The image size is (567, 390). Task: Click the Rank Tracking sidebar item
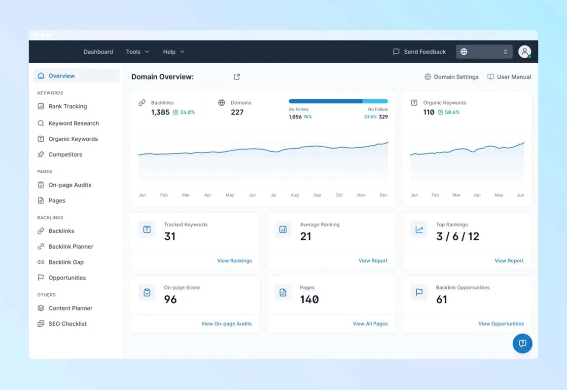click(67, 106)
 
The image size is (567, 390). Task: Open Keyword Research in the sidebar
click(73, 123)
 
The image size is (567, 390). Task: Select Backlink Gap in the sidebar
click(66, 262)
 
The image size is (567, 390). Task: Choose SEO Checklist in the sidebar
click(67, 324)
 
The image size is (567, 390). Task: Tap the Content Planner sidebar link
click(70, 308)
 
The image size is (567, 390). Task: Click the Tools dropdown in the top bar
click(137, 52)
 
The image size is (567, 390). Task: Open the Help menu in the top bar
click(174, 52)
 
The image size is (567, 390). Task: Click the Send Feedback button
click(419, 52)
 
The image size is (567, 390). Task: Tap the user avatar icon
click(525, 51)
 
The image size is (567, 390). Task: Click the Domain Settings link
click(451, 77)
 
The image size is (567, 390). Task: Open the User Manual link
click(509, 77)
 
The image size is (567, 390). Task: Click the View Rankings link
click(234, 261)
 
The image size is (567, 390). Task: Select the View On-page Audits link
click(226, 324)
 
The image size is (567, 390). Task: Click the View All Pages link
click(370, 324)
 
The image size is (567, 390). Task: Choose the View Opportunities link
click(501, 324)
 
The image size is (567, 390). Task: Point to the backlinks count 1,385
click(160, 113)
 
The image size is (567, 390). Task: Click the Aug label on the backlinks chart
click(295, 195)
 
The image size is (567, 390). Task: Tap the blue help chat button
click(522, 344)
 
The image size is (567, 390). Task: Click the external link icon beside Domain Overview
click(237, 77)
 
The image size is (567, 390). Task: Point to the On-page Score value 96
click(170, 299)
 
